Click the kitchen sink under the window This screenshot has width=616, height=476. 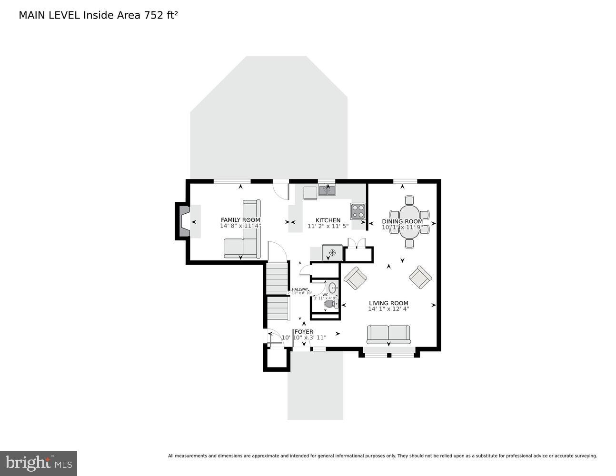pos(327,190)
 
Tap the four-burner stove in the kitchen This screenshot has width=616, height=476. pos(358,211)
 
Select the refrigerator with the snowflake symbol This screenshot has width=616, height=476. pos(332,252)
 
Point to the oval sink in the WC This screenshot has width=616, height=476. pos(333,287)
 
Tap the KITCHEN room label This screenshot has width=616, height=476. pos(328,220)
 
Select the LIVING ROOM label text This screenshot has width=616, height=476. pos(388,303)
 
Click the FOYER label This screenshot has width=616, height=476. pos(304,332)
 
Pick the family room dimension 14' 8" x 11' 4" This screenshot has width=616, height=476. pos(240,226)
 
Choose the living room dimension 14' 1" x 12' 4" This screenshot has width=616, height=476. pos(388,309)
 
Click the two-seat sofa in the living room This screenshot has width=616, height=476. pos(388,334)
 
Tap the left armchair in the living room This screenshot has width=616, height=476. pos(355,278)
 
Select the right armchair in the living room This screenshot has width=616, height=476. pos(420,277)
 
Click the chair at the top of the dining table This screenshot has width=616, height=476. pos(409,200)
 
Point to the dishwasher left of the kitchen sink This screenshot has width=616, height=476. pos(310,193)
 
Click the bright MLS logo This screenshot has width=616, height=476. pos(39,463)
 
